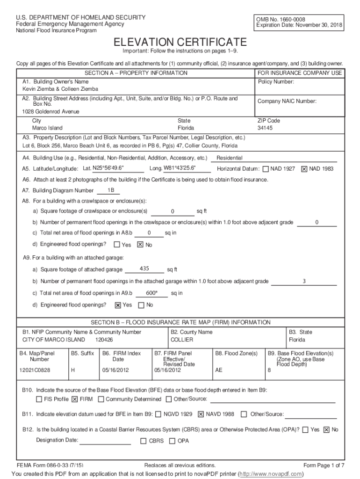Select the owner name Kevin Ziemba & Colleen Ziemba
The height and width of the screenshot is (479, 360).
(x=61, y=89)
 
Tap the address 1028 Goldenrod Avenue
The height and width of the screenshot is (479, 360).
(x=51, y=112)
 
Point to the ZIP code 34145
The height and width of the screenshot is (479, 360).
(x=265, y=128)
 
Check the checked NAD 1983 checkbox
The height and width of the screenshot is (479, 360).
(x=304, y=169)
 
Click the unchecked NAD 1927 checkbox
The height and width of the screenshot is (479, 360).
(x=266, y=169)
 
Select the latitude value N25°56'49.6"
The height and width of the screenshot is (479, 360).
(x=108, y=168)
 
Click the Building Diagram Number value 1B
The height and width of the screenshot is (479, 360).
(x=111, y=190)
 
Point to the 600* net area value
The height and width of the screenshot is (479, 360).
(x=151, y=293)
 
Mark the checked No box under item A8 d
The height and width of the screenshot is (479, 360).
(x=140, y=245)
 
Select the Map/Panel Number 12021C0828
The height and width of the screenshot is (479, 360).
(x=35, y=370)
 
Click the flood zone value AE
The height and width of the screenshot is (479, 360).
(x=219, y=370)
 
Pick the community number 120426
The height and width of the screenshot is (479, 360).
(x=104, y=340)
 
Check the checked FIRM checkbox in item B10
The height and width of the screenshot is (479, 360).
(x=74, y=399)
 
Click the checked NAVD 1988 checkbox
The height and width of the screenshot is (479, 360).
(x=201, y=414)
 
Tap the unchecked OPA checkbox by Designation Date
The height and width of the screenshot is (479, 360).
(x=172, y=441)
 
